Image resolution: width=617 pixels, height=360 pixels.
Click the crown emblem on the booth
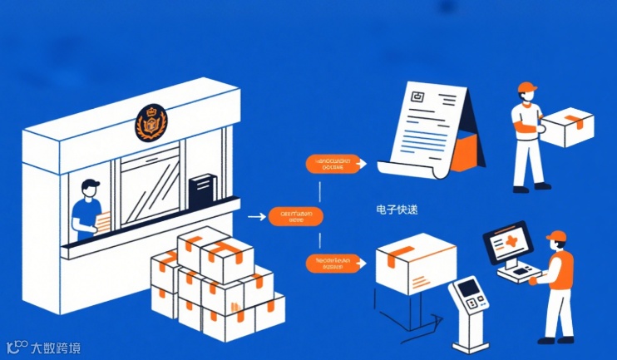point(151,123)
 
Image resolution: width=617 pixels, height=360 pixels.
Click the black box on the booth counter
point(201,190)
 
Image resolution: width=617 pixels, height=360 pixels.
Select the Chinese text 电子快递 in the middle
point(397,210)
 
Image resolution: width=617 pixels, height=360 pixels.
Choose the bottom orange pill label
point(334,264)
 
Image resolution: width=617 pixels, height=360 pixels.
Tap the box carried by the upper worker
point(567,128)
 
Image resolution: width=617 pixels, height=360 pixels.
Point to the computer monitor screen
point(507,242)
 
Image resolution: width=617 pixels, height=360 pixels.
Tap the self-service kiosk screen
point(471,289)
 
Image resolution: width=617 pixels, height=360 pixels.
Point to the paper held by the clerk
point(103,222)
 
